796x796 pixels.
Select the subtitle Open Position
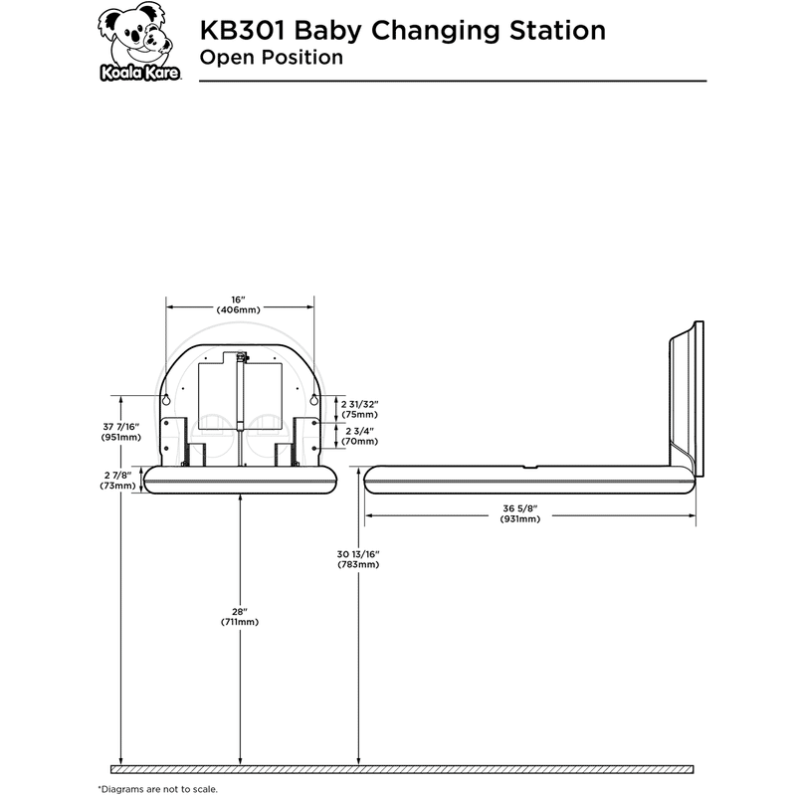tap(272, 57)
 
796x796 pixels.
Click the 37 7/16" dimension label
tap(121, 427)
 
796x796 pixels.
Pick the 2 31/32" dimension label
tap(358, 404)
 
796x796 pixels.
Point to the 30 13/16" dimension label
tap(358, 553)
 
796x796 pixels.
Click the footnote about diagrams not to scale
tap(156, 788)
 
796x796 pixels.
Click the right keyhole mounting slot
tap(314, 400)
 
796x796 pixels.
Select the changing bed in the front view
tap(240, 480)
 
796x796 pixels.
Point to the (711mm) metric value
tap(240, 622)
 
